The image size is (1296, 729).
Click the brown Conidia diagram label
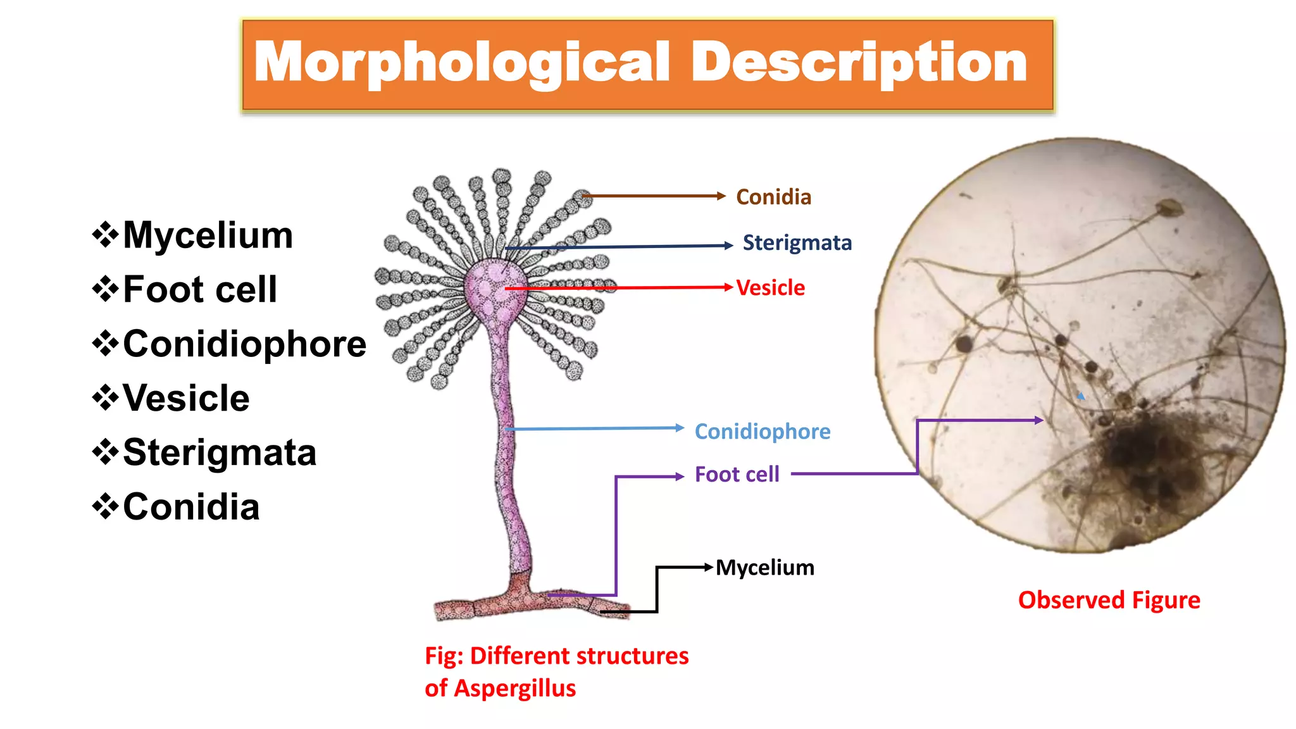coord(773,197)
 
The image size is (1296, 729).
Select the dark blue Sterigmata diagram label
coord(797,243)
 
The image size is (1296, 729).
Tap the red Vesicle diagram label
coord(770,288)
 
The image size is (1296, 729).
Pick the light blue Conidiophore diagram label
coord(762,432)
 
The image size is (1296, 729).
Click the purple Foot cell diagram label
coord(737,475)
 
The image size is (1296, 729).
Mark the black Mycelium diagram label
coord(764,568)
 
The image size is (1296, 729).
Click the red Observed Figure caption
coord(1109,600)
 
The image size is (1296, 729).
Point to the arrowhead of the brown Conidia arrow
coord(721,196)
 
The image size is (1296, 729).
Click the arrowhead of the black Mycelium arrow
coord(709,568)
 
